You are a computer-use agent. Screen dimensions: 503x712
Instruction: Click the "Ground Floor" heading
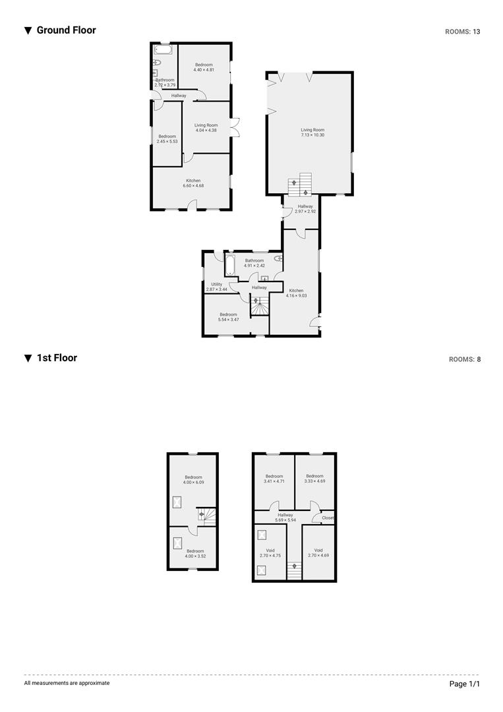point(67,30)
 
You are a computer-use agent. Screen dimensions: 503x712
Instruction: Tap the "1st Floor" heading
point(57,358)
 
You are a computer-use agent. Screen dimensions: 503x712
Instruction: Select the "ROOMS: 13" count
point(463,32)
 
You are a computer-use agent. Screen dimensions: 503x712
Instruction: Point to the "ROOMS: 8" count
point(465,359)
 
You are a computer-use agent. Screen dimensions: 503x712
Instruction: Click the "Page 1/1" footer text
point(464,684)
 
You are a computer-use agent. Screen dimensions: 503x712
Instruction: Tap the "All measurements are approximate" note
point(67,683)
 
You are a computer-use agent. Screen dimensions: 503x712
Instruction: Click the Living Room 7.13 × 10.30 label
point(312,133)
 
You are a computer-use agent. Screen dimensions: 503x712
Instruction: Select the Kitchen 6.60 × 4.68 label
point(193,183)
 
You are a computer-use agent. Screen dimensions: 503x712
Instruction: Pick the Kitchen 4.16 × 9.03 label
point(296,293)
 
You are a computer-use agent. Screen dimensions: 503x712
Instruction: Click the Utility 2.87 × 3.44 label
point(216,287)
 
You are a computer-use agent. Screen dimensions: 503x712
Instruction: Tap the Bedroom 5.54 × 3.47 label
point(228,317)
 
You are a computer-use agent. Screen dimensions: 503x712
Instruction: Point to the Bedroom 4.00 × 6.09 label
point(193,480)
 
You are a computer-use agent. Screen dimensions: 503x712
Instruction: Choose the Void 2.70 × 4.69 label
point(318,552)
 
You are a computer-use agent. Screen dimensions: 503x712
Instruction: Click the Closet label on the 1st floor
point(328,518)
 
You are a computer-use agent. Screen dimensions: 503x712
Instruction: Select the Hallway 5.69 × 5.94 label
point(285,518)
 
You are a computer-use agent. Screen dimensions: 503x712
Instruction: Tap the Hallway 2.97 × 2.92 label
point(305,209)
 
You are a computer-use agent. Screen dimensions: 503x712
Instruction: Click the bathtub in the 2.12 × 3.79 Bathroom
point(163,49)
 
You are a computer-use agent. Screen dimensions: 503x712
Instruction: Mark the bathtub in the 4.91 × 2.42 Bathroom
point(229,265)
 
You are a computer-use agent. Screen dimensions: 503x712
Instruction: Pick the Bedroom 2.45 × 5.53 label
point(167,139)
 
